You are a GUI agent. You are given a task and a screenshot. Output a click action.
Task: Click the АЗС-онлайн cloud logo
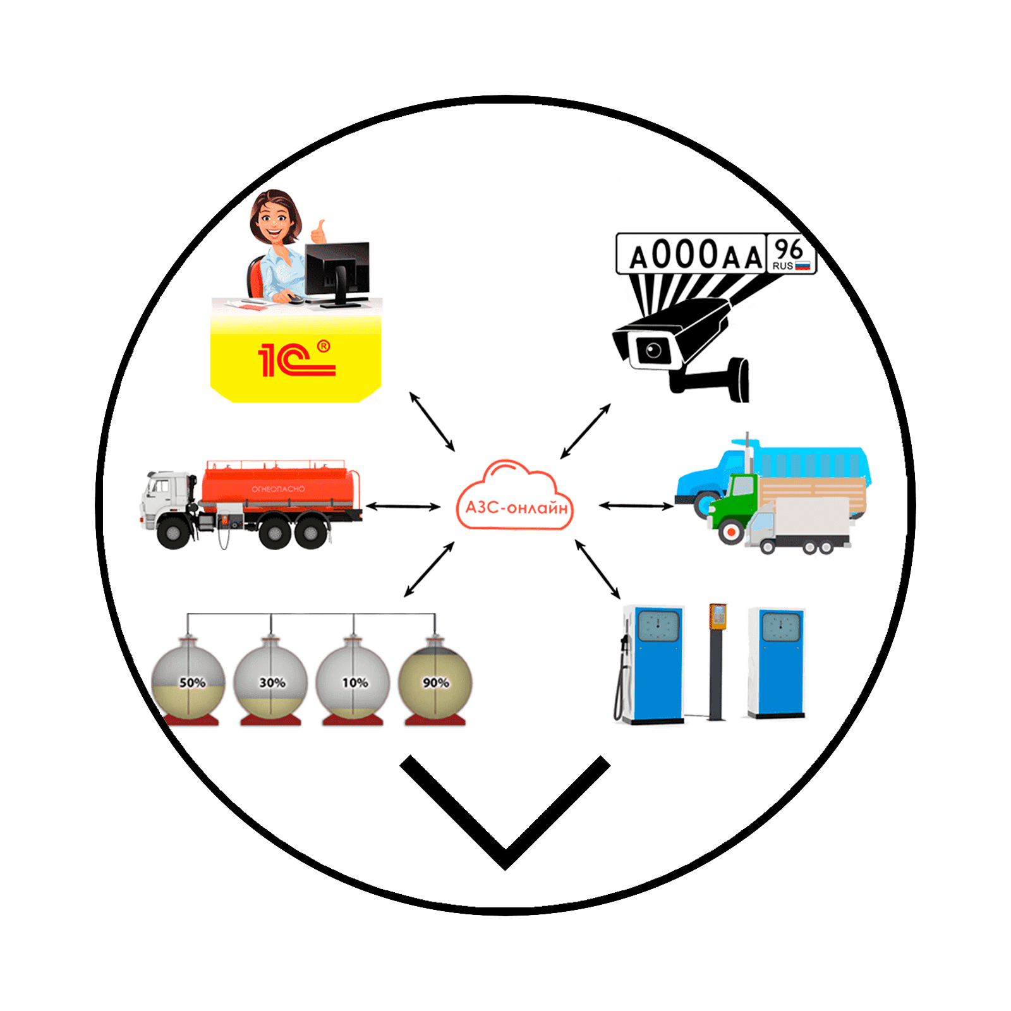click(x=515, y=499)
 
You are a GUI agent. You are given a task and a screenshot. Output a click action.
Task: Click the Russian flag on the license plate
click(x=802, y=266)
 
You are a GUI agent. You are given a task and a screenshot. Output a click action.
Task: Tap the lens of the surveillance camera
click(x=653, y=349)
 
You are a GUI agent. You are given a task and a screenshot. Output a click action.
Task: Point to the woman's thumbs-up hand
click(x=320, y=232)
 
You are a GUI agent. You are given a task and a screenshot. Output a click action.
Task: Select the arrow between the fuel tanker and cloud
click(x=403, y=506)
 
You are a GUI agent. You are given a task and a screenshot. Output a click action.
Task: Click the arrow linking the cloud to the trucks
click(x=636, y=505)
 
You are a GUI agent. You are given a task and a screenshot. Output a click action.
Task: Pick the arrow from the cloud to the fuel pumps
click(x=597, y=569)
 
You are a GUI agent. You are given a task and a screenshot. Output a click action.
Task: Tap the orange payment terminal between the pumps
click(x=718, y=616)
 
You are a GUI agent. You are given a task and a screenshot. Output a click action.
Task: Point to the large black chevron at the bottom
click(x=505, y=815)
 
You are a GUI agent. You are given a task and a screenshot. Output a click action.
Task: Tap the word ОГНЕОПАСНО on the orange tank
click(x=278, y=489)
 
